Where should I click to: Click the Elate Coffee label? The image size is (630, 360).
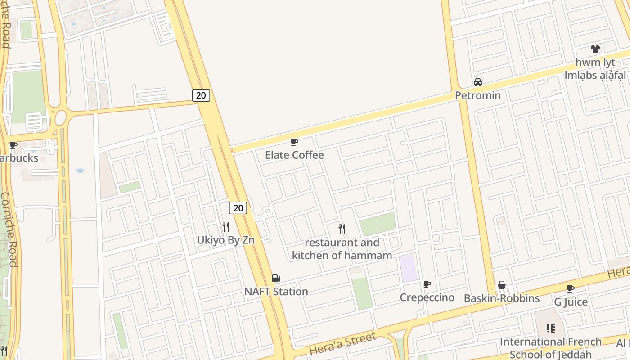tap(294, 155)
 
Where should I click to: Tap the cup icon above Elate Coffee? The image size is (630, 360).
tap(294, 142)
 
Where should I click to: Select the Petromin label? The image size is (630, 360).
tap(477, 95)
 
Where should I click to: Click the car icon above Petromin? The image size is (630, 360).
tap(478, 82)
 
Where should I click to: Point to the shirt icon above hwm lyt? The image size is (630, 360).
tap(595, 49)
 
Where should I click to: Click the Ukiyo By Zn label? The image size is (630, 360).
tap(226, 240)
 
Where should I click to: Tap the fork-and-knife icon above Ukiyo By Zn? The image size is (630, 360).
tap(226, 227)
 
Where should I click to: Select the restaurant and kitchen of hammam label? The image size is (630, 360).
tap(342, 249)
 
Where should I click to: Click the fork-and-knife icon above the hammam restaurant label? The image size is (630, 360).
tap(342, 229)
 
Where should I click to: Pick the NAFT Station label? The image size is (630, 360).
tap(276, 292)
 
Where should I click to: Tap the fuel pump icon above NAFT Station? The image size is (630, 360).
tap(276, 279)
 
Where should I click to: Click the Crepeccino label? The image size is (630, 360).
tap(427, 298)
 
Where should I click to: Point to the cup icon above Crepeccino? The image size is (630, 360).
tap(427, 284)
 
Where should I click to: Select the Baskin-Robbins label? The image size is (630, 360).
tap(502, 298)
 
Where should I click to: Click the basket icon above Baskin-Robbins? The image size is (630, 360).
tap(502, 285)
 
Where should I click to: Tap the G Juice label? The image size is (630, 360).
tap(571, 301)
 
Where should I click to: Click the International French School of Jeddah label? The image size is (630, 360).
tap(551, 347)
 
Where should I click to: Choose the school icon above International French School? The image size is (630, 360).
tap(551, 328)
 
